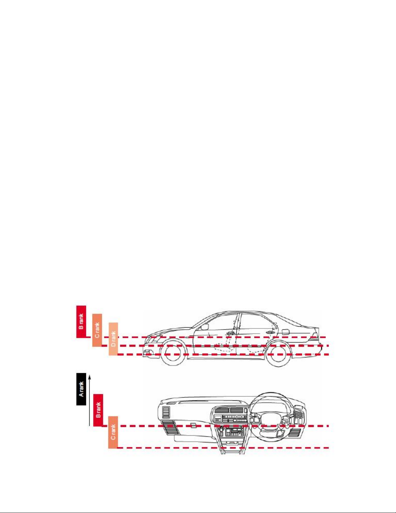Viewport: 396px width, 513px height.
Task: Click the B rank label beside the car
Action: [x=81, y=321]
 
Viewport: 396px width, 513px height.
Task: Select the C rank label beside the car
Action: [x=97, y=330]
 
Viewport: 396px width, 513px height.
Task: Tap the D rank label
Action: [x=113, y=339]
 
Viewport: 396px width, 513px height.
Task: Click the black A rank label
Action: [x=81, y=389]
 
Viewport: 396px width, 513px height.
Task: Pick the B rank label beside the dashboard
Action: [x=98, y=410]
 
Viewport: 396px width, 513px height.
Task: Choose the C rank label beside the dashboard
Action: [x=113, y=432]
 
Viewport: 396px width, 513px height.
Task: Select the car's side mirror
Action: [x=204, y=327]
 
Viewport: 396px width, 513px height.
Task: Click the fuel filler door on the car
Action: [x=285, y=332]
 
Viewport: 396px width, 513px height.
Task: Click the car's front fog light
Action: [x=147, y=352]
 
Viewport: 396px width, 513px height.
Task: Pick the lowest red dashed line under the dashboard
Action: [x=223, y=448]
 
